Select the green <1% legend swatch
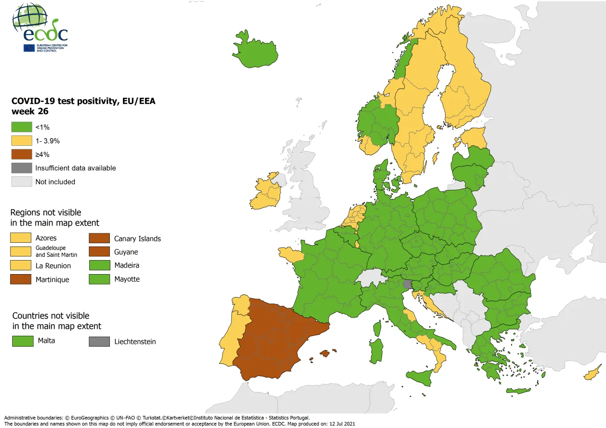(22, 127)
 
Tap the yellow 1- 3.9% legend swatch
(22, 141)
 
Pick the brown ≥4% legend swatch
(22, 154)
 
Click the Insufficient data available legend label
(75, 168)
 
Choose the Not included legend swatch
(22, 181)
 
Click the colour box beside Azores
(21, 238)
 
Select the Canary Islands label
(137, 239)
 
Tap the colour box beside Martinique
(21, 279)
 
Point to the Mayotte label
(127, 279)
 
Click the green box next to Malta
(22, 341)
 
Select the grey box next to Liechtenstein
(99, 341)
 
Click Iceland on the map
(255, 49)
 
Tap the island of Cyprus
(592, 374)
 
